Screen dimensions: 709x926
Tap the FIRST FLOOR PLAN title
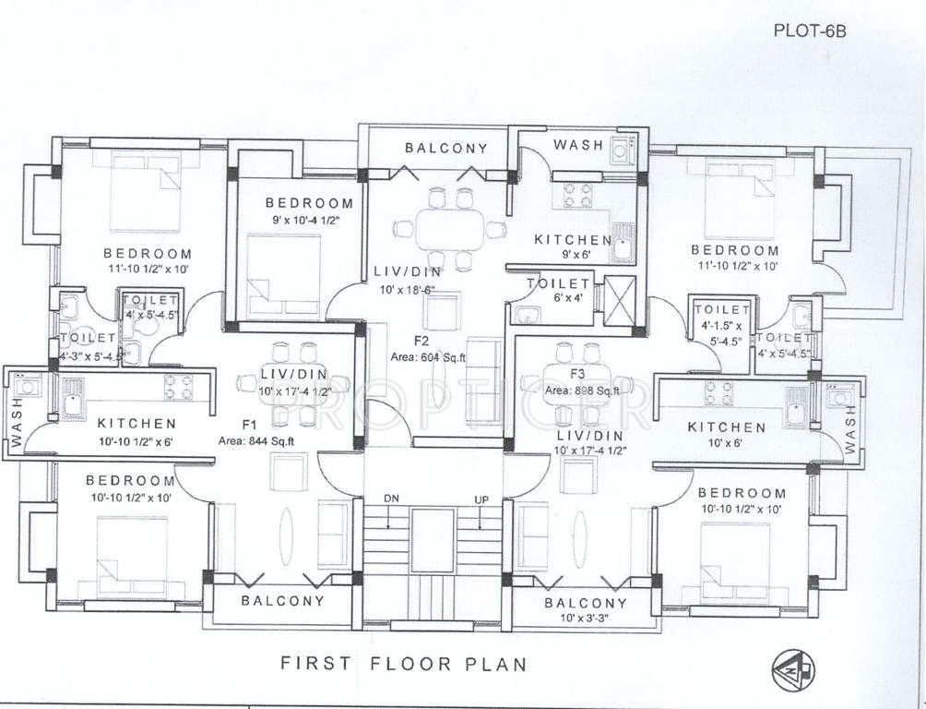click(x=403, y=663)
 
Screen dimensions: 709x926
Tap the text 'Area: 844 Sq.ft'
click(x=255, y=440)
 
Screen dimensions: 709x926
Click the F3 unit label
click(x=578, y=374)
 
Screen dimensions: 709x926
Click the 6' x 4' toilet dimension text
click(x=557, y=298)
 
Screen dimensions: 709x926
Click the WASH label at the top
click(x=578, y=145)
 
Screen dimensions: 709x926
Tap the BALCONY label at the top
click(x=445, y=148)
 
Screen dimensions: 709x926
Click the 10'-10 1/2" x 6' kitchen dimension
click(x=136, y=440)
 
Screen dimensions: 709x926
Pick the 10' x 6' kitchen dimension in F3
click(x=726, y=443)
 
